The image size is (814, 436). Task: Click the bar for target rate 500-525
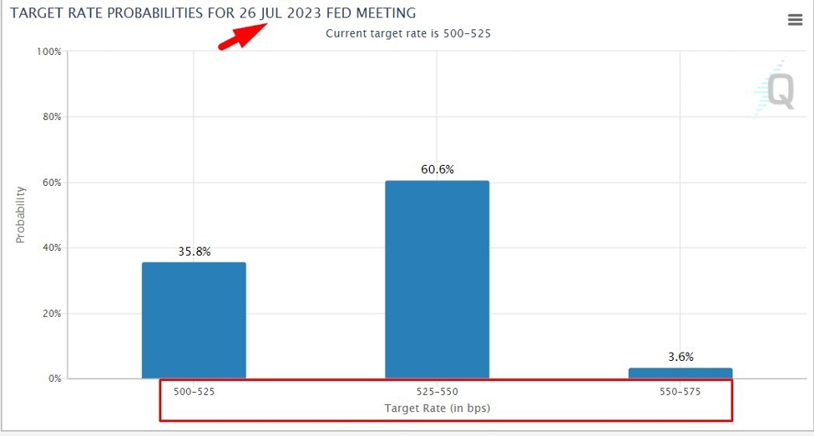(x=194, y=320)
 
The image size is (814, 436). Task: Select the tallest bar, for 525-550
(x=437, y=279)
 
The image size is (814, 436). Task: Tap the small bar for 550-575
(x=680, y=373)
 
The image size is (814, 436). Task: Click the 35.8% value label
(x=194, y=250)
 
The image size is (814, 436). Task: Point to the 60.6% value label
(x=437, y=169)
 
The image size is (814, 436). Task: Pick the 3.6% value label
(x=681, y=356)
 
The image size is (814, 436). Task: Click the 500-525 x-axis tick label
(x=194, y=390)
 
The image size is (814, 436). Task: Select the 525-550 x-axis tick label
(x=437, y=390)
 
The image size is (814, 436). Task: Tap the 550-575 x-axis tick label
(x=680, y=390)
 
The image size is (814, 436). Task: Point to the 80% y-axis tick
(x=51, y=117)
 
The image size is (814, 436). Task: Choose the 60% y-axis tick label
(x=51, y=183)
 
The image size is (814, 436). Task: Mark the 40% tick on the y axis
(x=51, y=248)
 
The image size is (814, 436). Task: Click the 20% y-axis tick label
(x=51, y=313)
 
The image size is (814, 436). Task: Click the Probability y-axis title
(x=21, y=214)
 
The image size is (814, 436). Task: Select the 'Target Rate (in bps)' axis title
(x=437, y=408)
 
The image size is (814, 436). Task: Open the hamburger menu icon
(x=795, y=20)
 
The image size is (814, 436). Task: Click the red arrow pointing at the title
(x=242, y=37)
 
